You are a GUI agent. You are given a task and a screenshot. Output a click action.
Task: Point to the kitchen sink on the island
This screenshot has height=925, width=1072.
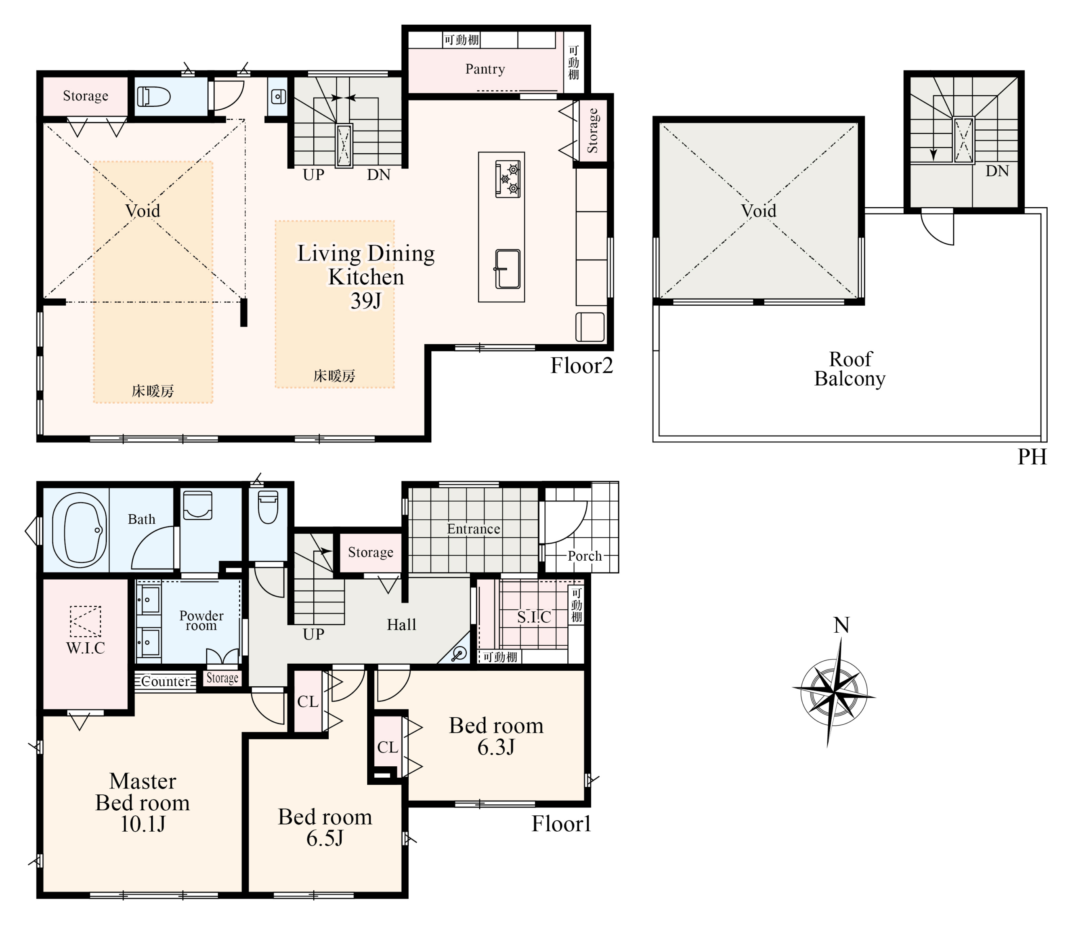pos(508,269)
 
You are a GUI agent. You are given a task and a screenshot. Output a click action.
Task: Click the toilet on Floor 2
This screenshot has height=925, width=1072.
pos(154,97)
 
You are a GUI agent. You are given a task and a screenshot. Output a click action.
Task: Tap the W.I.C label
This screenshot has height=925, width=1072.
pos(85,648)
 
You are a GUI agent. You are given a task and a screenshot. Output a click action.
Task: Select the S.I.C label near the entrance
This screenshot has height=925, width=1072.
pos(534,617)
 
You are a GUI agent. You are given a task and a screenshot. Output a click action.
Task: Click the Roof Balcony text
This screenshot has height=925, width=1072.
pos(850,368)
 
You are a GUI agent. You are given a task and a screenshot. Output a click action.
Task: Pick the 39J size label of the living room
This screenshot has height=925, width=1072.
pos(366,301)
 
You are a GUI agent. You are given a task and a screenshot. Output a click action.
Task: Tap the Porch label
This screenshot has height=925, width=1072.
pos(585,556)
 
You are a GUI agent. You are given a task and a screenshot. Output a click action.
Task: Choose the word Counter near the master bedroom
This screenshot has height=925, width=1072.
pos(165,681)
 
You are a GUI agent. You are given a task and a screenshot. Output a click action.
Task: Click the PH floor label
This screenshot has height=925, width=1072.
pos(1032,457)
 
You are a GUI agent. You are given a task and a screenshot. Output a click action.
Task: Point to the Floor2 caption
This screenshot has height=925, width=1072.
pos(582,366)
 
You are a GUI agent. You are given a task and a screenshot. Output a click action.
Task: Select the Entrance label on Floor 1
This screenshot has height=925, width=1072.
pos(474,529)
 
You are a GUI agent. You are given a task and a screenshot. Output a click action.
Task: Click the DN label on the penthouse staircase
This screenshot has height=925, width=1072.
pos(997,171)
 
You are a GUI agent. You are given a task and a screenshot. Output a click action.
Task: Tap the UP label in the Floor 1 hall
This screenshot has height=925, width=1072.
pos(314,634)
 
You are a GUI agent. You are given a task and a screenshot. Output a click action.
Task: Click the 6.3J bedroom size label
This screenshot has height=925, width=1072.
pos(496,747)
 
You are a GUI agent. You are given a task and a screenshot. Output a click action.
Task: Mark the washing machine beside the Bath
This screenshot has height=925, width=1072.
pos(198,505)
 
